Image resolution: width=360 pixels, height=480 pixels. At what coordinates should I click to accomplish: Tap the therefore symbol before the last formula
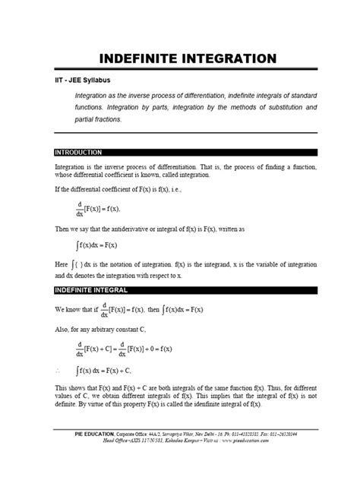(x=58, y=371)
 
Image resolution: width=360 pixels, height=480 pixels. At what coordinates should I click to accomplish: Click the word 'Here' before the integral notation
(x=62, y=264)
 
